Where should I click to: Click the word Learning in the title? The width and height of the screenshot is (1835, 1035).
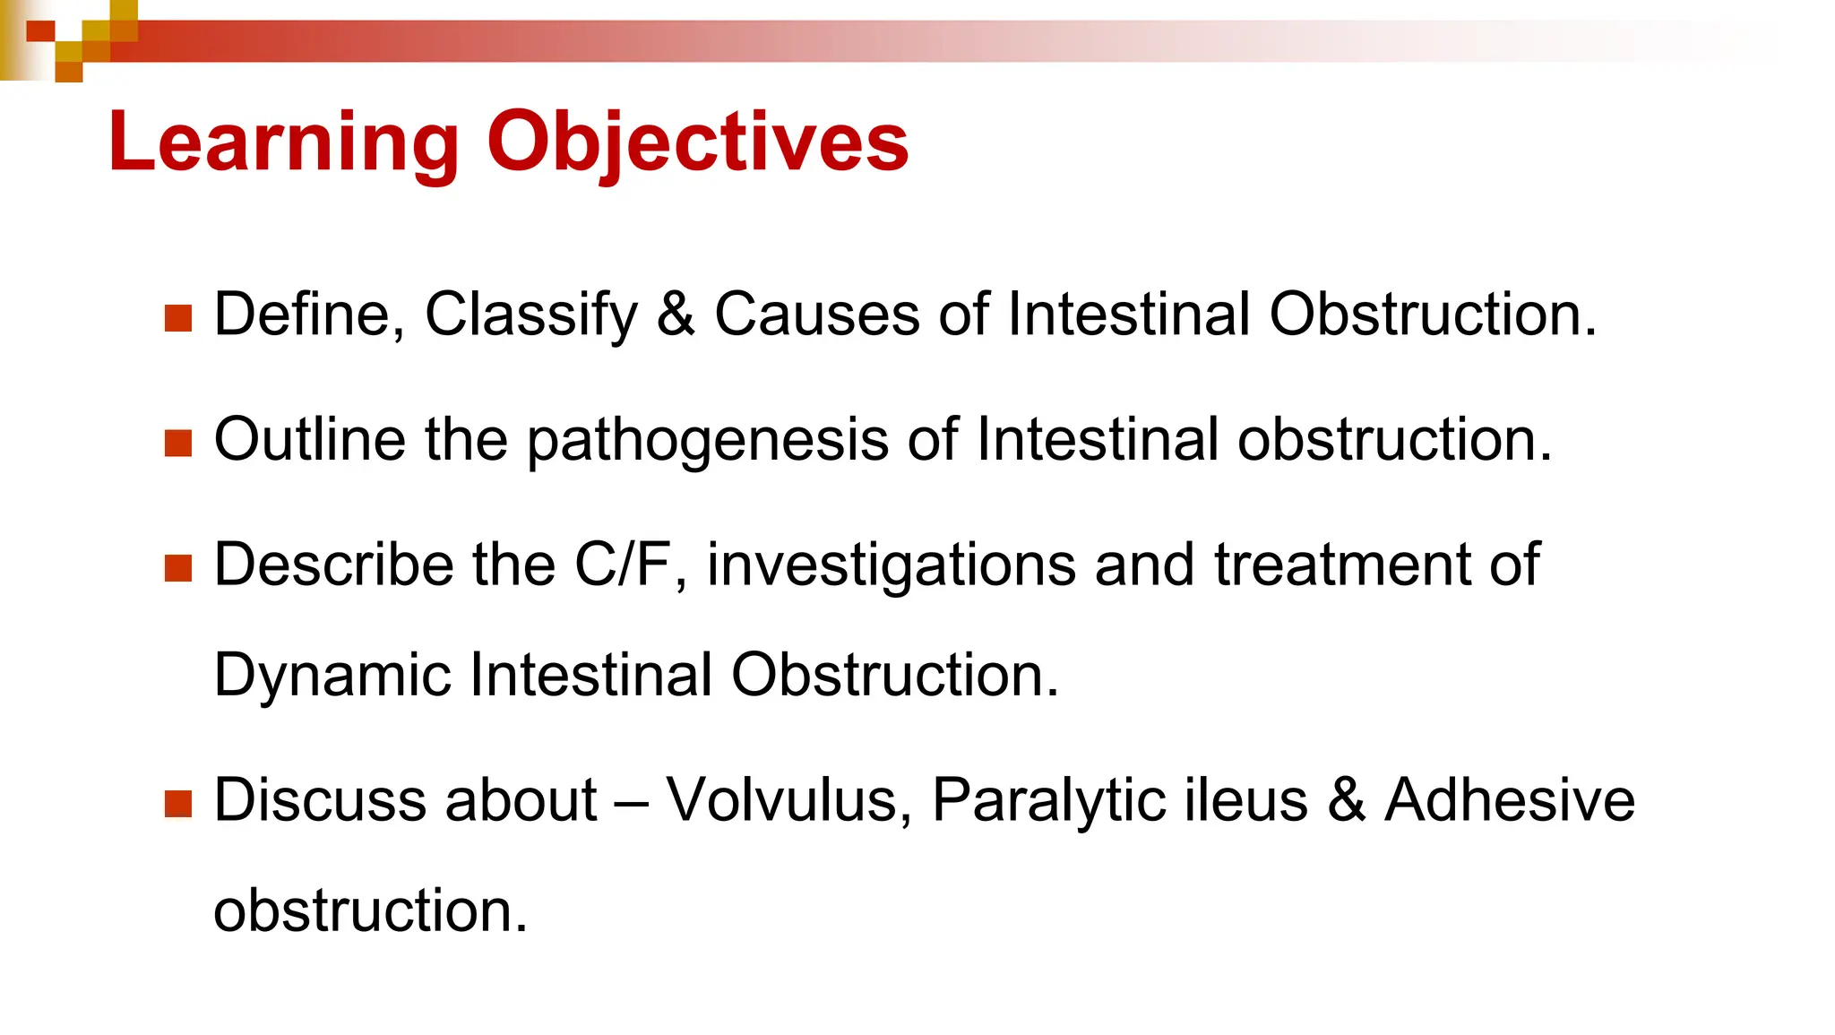283,142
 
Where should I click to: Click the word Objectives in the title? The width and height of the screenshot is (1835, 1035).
697,142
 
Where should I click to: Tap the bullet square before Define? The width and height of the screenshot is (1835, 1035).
179,318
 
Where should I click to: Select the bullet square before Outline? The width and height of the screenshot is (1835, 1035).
179,443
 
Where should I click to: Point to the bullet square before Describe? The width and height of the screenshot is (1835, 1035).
179,568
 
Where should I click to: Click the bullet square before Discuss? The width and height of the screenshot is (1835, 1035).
179,803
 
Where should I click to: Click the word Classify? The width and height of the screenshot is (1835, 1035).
530,315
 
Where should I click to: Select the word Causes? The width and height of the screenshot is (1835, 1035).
816,315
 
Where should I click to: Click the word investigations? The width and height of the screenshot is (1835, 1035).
891,566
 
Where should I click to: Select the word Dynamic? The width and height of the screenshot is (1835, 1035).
332,676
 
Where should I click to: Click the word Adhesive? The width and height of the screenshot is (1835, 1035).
1510,799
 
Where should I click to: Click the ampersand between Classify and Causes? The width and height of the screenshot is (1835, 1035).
676,315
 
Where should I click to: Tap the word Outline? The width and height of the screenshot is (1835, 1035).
309,440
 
